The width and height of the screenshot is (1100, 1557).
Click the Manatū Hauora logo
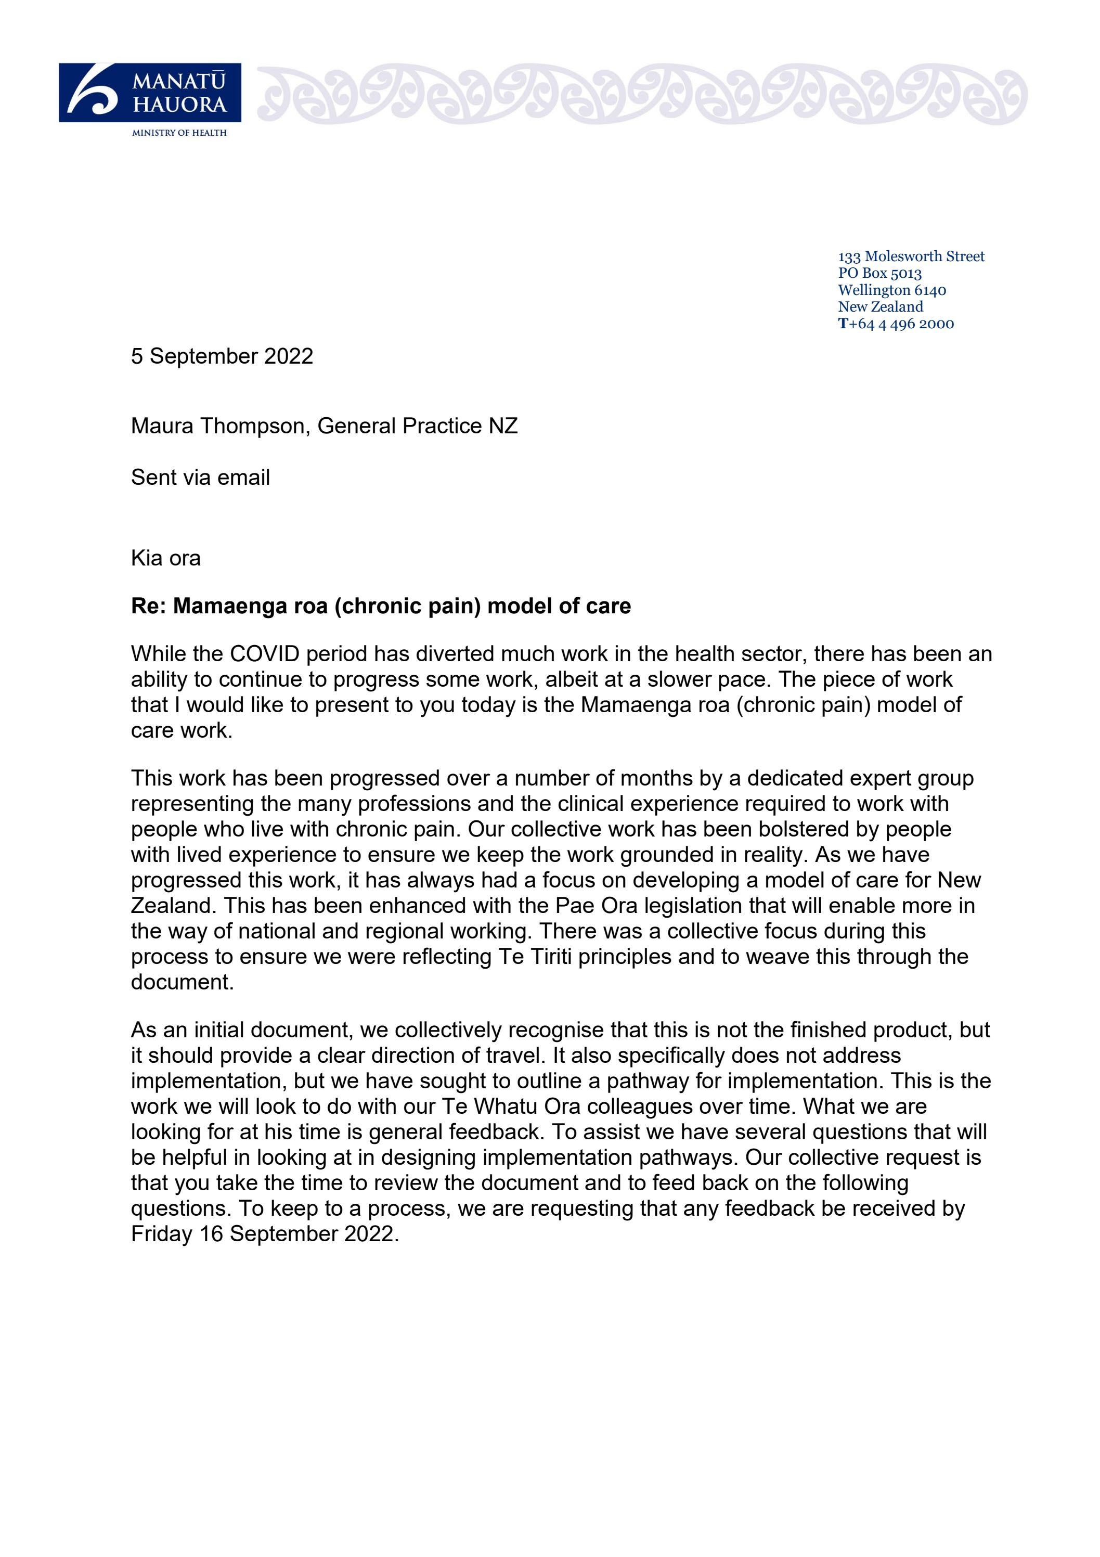(150, 93)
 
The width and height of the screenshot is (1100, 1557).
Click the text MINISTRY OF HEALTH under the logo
(179, 133)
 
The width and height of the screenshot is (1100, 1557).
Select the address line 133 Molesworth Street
(911, 256)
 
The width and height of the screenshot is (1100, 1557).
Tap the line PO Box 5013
(879, 273)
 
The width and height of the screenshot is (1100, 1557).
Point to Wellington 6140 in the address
(892, 290)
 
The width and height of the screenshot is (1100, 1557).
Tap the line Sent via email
(200, 478)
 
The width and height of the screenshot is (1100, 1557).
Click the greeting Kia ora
(165, 558)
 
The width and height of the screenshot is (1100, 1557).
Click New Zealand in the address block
(881, 306)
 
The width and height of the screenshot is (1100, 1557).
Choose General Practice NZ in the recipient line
(417, 426)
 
